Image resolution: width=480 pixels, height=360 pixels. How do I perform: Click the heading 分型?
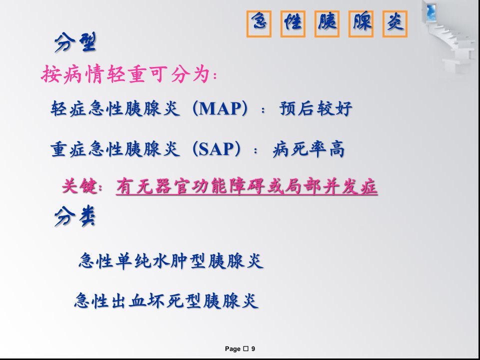click(x=75, y=42)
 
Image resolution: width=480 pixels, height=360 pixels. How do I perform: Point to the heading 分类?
click(x=74, y=216)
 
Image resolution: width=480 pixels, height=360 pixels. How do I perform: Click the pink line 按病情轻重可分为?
click(x=128, y=74)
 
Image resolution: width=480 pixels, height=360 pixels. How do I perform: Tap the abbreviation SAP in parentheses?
click(x=216, y=149)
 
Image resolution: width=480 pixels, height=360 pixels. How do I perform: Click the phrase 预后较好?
click(x=315, y=108)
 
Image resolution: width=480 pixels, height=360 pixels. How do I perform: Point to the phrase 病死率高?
click(x=308, y=149)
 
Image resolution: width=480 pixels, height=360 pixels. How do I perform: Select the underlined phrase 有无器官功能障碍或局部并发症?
click(x=246, y=186)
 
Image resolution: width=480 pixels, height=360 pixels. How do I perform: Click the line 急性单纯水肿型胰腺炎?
click(x=171, y=261)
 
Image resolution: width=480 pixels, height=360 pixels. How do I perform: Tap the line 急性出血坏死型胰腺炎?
click(x=166, y=300)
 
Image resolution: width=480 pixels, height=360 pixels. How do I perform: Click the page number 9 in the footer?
click(x=253, y=348)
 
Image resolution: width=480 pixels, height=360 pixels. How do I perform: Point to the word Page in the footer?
click(x=232, y=349)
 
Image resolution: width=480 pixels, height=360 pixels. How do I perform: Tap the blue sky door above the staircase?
click(x=431, y=12)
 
